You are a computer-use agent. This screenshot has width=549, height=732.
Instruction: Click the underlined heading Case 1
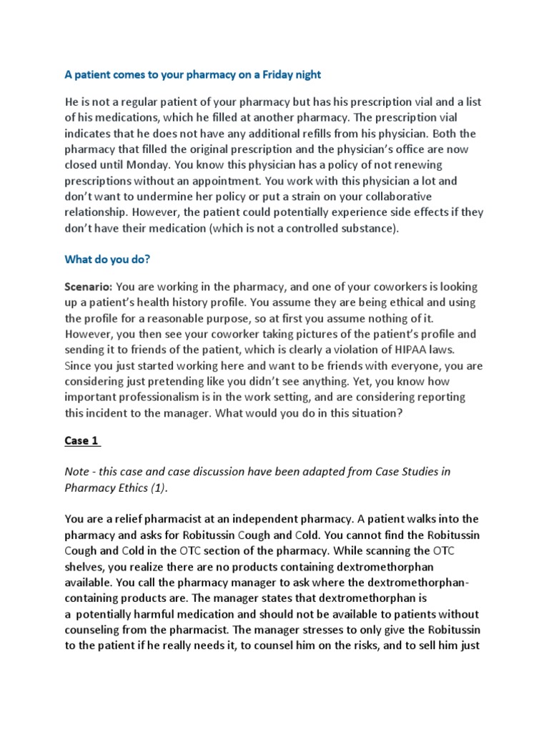(x=81, y=440)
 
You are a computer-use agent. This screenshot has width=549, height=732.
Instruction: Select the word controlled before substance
(x=325, y=228)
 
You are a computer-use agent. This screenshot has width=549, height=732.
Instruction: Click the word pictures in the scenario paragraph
(x=289, y=334)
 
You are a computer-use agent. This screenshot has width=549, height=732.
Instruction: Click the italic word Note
(x=78, y=472)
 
